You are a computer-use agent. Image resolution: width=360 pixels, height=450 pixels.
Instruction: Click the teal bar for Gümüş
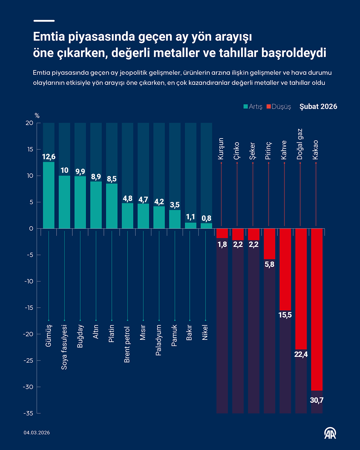click(x=49, y=195)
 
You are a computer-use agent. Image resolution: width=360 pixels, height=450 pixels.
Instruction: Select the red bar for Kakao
click(x=317, y=309)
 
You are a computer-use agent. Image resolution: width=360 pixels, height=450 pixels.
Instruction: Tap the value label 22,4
click(x=301, y=354)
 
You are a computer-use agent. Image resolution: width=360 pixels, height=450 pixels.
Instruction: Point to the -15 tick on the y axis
click(x=29, y=308)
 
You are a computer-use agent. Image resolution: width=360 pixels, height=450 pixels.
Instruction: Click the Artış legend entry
click(x=253, y=107)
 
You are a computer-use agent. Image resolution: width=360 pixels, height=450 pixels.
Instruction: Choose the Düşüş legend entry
click(x=279, y=107)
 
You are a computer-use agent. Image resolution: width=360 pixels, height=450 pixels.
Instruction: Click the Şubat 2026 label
click(x=318, y=107)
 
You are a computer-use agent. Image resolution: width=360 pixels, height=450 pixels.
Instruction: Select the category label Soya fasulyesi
click(x=64, y=347)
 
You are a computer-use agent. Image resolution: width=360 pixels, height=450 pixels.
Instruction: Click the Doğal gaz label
click(x=300, y=144)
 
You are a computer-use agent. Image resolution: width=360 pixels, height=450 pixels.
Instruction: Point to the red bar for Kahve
click(x=285, y=269)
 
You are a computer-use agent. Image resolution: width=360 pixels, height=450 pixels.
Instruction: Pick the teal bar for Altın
click(x=96, y=205)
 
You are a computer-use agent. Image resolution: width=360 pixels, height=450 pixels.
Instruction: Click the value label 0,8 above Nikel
click(x=206, y=218)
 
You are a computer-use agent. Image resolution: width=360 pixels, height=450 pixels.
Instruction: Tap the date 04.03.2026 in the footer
click(x=37, y=433)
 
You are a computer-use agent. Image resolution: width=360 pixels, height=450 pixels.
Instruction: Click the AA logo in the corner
click(x=330, y=433)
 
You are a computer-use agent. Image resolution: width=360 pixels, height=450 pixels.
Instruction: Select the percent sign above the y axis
click(x=37, y=116)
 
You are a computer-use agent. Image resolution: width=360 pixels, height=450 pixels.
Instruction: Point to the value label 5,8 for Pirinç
click(x=269, y=264)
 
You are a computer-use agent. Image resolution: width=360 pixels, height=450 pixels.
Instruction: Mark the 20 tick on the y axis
click(x=30, y=123)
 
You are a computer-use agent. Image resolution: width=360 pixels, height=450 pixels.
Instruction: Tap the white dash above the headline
click(x=44, y=21)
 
